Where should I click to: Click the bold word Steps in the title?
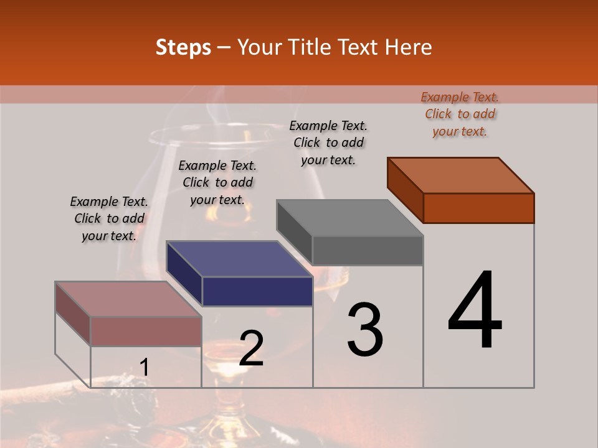(x=183, y=47)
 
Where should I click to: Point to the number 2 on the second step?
(x=251, y=348)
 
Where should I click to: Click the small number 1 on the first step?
(x=144, y=368)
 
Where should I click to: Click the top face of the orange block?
(x=461, y=175)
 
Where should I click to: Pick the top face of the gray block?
(x=349, y=218)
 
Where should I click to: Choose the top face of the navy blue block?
(x=239, y=259)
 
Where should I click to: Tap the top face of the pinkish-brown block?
(x=128, y=299)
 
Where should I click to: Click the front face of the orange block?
(x=478, y=208)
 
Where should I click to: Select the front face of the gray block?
(x=368, y=250)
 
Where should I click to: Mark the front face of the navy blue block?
(x=257, y=291)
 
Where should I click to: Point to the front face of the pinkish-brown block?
(x=146, y=331)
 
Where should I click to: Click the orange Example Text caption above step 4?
(x=460, y=114)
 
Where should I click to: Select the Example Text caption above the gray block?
(x=328, y=142)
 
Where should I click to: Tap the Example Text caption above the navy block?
(x=217, y=182)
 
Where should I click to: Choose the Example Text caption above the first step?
(x=109, y=218)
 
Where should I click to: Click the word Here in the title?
(x=407, y=47)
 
